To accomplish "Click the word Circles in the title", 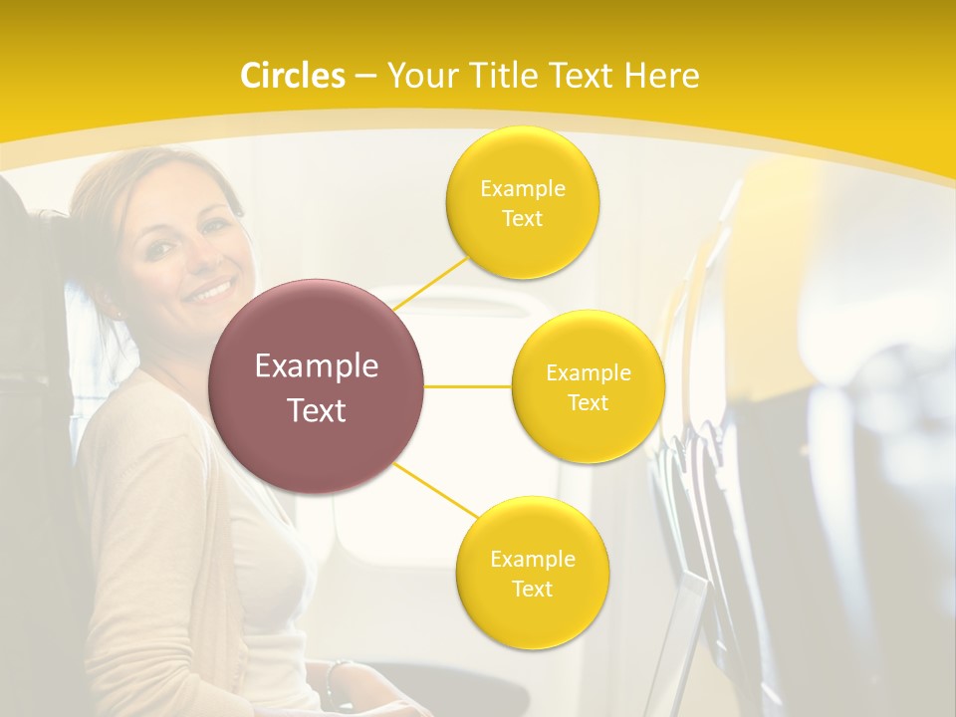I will pyautogui.click(x=292, y=76).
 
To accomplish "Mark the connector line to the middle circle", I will pyautogui.click(x=468, y=385).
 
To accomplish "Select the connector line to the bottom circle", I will pyautogui.click(x=435, y=491).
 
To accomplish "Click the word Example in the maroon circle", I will pyautogui.click(x=317, y=366).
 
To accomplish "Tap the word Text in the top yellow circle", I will pyautogui.click(x=522, y=219).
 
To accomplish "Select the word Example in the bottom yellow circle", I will pyautogui.click(x=532, y=559).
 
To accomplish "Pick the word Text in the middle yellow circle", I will pyautogui.click(x=588, y=403).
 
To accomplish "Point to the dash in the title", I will pyautogui.click(x=364, y=77).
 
